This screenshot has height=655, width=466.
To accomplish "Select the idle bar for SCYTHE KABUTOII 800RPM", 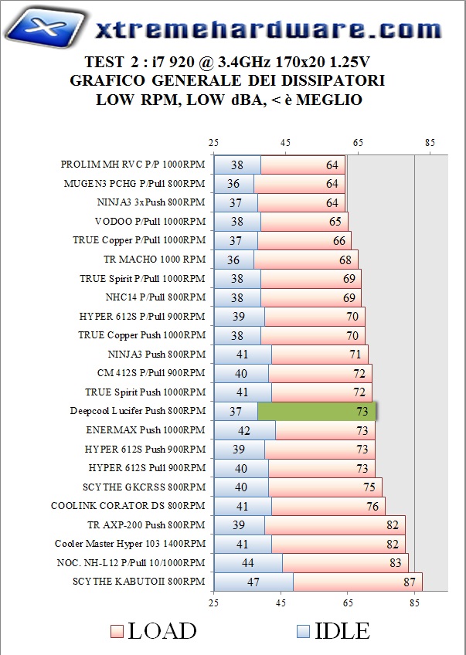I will coord(253,582).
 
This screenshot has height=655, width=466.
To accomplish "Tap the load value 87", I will coord(409,582).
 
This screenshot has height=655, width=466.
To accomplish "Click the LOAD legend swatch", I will coord(116,630).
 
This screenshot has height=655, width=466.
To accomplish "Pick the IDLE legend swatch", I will coord(302,630).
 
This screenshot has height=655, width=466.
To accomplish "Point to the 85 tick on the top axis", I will coord(430,143).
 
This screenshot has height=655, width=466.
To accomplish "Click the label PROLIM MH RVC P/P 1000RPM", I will coord(133,165).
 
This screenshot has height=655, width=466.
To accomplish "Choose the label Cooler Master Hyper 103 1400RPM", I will coord(131,544).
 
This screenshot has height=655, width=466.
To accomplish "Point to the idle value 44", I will coord(247,562).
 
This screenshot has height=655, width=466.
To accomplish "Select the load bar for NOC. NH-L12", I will coord(345,562).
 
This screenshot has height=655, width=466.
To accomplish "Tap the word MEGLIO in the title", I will coord(328,100).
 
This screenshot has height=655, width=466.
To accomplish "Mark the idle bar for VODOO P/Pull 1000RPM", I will coord(236,221).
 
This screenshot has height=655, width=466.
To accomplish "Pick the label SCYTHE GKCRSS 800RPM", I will coord(144,487).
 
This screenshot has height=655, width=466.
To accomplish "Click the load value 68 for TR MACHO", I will coord(345,260).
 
